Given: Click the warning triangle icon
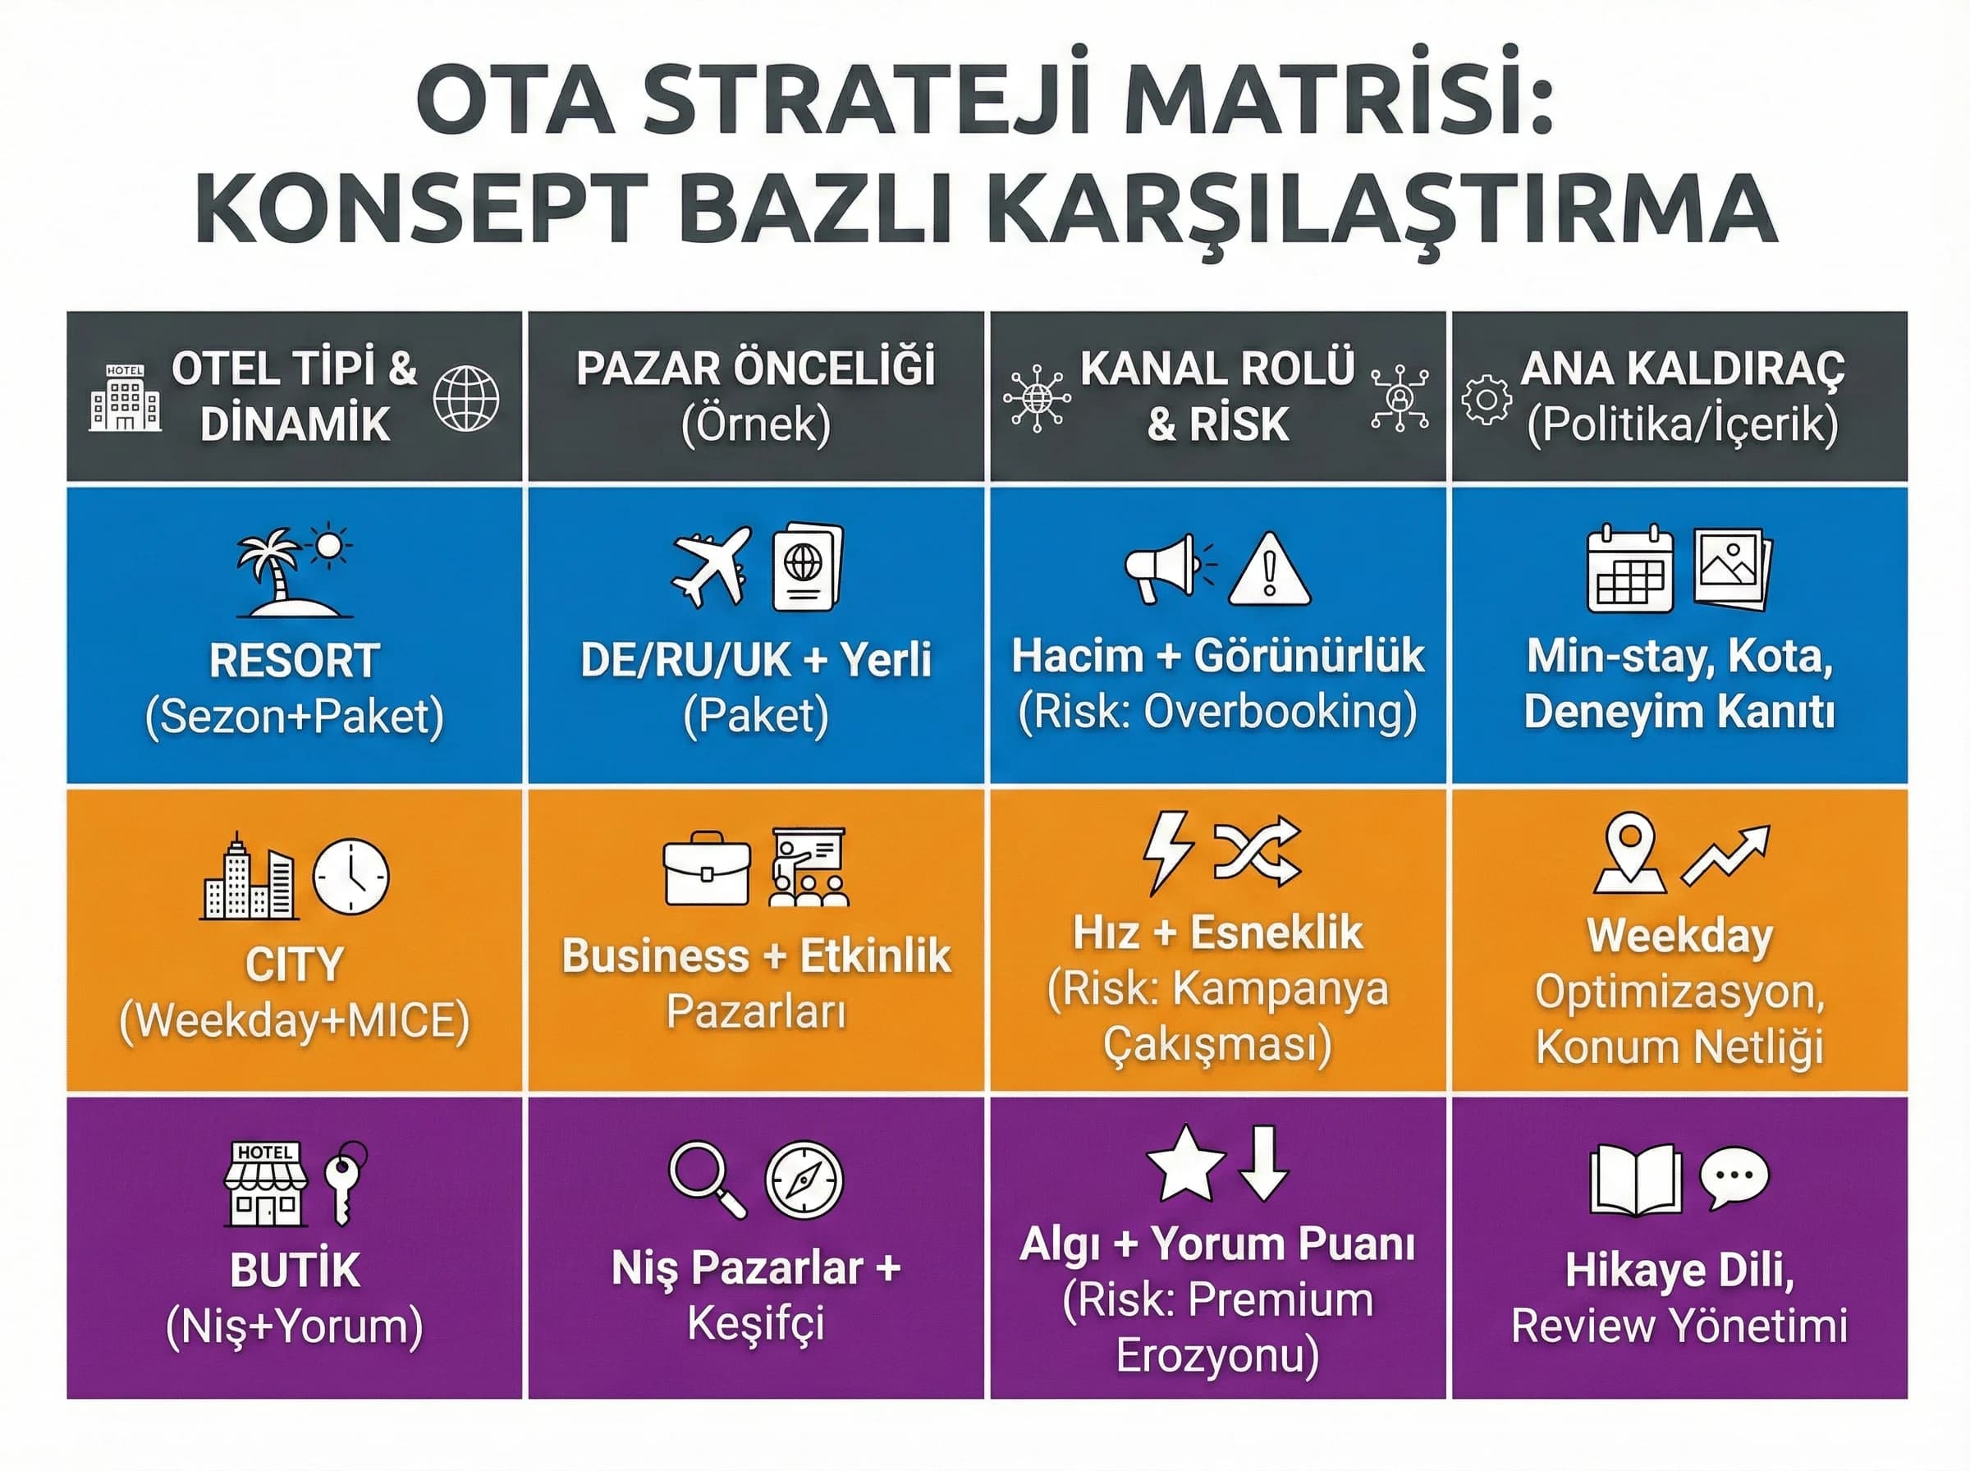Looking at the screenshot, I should pyautogui.click(x=1268, y=570).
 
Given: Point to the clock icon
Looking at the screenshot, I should pyautogui.click(x=350, y=876).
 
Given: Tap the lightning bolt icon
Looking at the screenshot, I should pyautogui.click(x=1166, y=850).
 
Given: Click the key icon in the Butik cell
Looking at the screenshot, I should pyautogui.click(x=344, y=1181).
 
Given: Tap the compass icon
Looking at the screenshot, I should pyautogui.click(x=804, y=1180).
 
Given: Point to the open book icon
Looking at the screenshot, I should pyautogui.click(x=1635, y=1180).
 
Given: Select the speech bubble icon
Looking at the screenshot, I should pyautogui.click(x=1734, y=1177).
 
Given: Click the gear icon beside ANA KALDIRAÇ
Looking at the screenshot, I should pyautogui.click(x=1486, y=400).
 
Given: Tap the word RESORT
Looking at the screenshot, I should pyautogui.click(x=295, y=661).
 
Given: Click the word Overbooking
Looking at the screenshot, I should pyautogui.click(x=1278, y=713).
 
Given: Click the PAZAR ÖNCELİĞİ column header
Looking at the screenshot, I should pyautogui.click(x=755, y=369).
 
